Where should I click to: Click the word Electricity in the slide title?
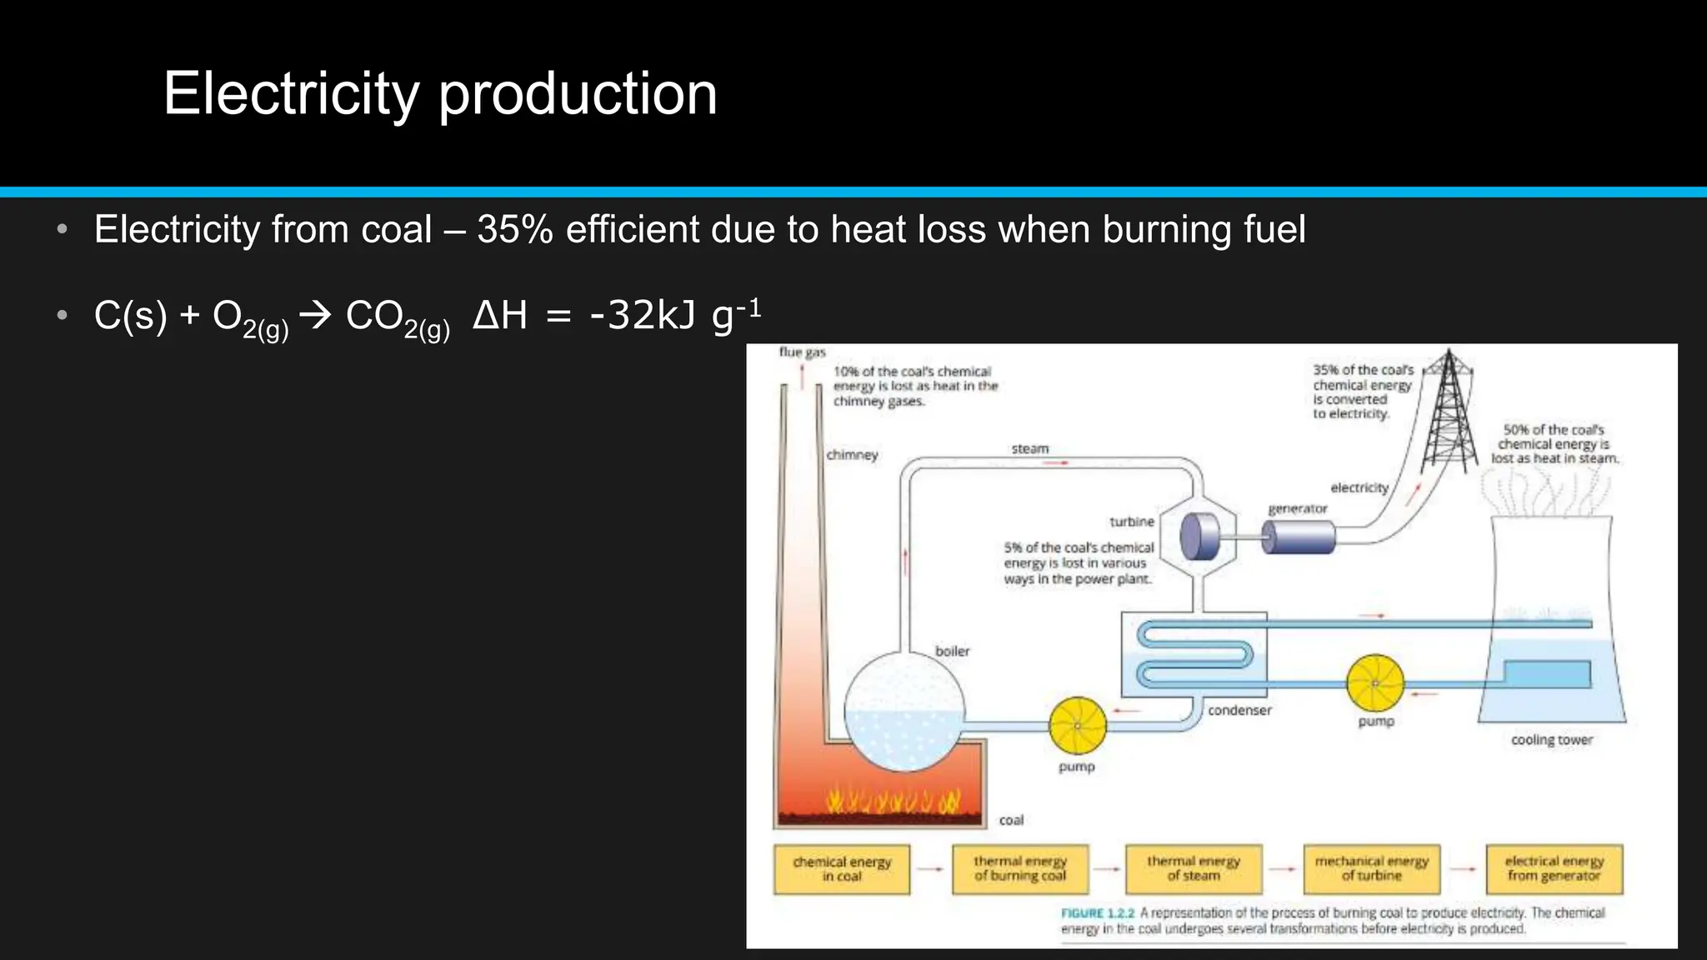tap(291, 93)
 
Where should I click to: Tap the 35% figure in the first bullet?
tap(514, 229)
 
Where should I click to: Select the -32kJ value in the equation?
tap(642, 315)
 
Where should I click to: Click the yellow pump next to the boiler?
tap(1078, 726)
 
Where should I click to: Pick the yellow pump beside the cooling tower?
tap(1374, 683)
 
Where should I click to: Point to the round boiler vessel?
tap(904, 711)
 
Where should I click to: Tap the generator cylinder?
tap(1299, 537)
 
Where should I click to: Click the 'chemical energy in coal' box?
tap(841, 869)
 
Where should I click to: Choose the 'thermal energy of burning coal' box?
tap(1020, 868)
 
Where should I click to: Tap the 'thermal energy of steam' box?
tap(1194, 868)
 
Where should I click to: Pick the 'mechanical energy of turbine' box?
tap(1372, 868)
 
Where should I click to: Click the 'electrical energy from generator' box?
tap(1554, 868)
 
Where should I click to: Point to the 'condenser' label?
tap(1239, 711)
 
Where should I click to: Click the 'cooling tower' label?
tap(1551, 740)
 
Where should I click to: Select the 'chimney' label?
tap(852, 455)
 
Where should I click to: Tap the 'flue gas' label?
tap(802, 352)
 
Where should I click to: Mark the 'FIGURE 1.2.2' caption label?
tap(1097, 913)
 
